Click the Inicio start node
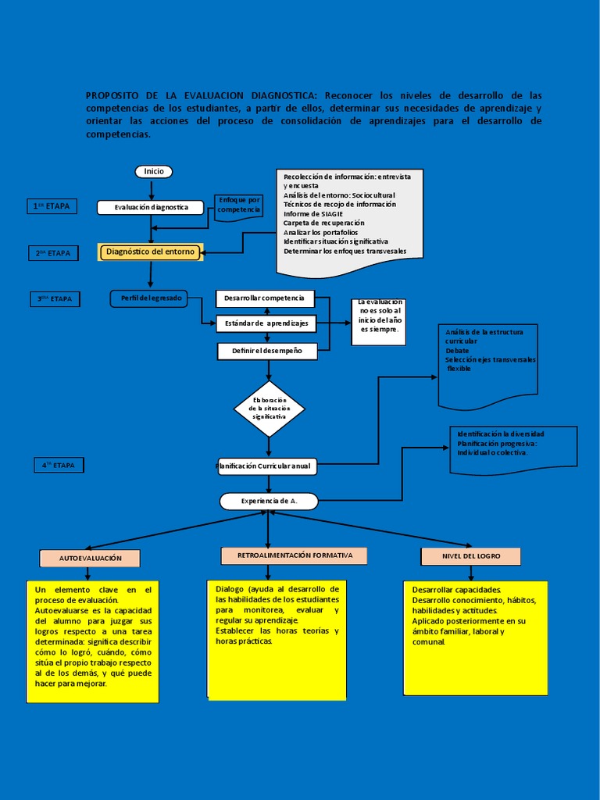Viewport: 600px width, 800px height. click(x=153, y=171)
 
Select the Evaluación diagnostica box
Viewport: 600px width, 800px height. click(x=151, y=207)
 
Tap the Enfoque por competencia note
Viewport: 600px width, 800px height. click(x=239, y=205)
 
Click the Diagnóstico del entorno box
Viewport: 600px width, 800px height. click(x=151, y=252)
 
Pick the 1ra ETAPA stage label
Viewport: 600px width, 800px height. click(x=52, y=206)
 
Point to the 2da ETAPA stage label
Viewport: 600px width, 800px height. click(x=54, y=253)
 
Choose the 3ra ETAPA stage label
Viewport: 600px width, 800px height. click(x=55, y=298)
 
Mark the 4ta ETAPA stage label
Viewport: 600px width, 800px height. click(x=58, y=465)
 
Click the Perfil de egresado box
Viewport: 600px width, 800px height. click(x=149, y=298)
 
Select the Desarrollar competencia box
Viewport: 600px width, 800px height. click(x=265, y=298)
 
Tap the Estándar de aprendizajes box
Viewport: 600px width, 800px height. click(x=266, y=323)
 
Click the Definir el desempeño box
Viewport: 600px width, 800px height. click(x=266, y=351)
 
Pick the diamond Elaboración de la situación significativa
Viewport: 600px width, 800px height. click(x=269, y=409)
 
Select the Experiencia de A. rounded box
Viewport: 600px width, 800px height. click(x=269, y=501)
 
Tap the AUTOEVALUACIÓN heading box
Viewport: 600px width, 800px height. click(x=90, y=558)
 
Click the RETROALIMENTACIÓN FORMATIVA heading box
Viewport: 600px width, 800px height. click(x=294, y=555)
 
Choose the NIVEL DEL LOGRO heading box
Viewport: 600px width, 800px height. click(x=471, y=555)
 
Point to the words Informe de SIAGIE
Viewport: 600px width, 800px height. click(x=312, y=213)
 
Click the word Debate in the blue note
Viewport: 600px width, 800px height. click(x=457, y=351)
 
